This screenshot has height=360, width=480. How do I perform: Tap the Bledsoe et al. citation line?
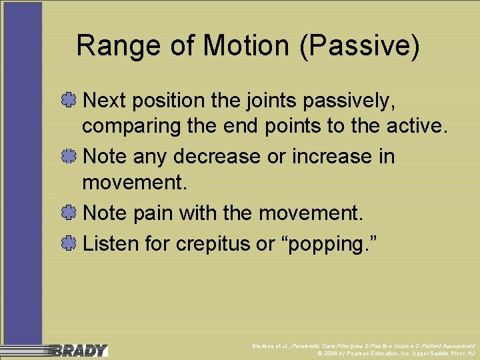pos(364,346)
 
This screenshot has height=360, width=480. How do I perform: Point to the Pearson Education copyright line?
pos(397,353)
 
